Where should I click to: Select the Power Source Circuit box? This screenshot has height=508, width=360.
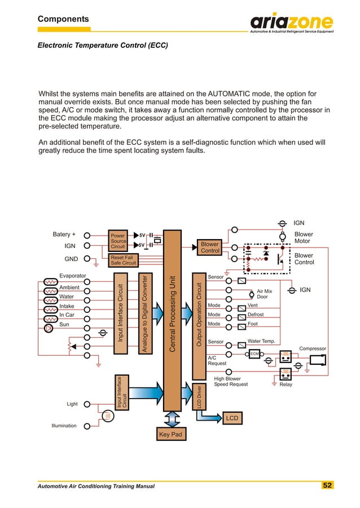pos(118,241)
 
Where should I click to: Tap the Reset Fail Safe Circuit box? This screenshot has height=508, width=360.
pos(123,260)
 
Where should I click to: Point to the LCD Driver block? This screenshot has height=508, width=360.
pos(199,396)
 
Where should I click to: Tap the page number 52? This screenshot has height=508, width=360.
pos(327,485)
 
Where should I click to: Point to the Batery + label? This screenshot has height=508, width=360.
pos(64,234)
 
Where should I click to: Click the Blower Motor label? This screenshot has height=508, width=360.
pos(304,237)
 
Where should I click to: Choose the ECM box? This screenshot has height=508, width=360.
pos(254,354)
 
